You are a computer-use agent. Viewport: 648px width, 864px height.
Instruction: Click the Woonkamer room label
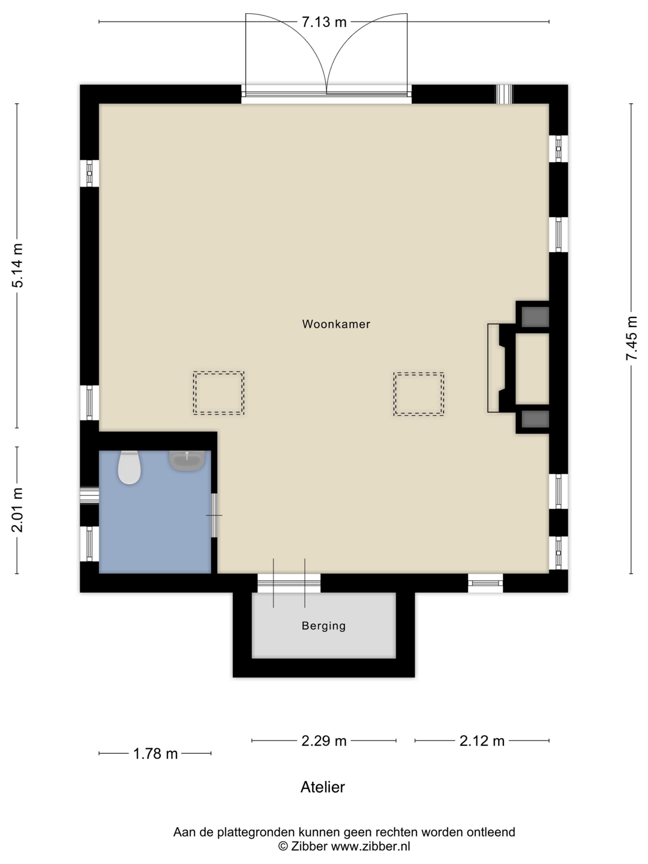(x=336, y=324)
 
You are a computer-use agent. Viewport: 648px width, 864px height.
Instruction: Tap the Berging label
(x=324, y=626)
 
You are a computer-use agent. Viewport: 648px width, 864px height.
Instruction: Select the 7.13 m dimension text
(x=324, y=22)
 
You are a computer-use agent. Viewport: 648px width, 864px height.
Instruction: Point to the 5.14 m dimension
(x=18, y=266)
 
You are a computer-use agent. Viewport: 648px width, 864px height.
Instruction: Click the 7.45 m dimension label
(x=631, y=338)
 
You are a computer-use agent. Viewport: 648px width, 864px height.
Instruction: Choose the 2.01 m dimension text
(x=18, y=510)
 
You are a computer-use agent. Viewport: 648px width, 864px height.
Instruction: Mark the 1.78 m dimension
(x=155, y=754)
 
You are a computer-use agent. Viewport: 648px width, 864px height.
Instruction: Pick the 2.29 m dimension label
(x=324, y=741)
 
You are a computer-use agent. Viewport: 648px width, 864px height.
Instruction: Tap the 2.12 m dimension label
(x=482, y=741)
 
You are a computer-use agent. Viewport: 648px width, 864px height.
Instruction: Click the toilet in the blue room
(x=130, y=467)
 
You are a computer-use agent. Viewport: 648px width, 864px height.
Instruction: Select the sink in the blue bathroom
(x=187, y=461)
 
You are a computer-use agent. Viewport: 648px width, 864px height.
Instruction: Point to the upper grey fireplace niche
(x=535, y=317)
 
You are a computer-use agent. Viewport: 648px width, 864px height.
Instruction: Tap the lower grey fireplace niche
(x=535, y=419)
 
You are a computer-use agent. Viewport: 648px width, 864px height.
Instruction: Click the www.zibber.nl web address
(x=370, y=846)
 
